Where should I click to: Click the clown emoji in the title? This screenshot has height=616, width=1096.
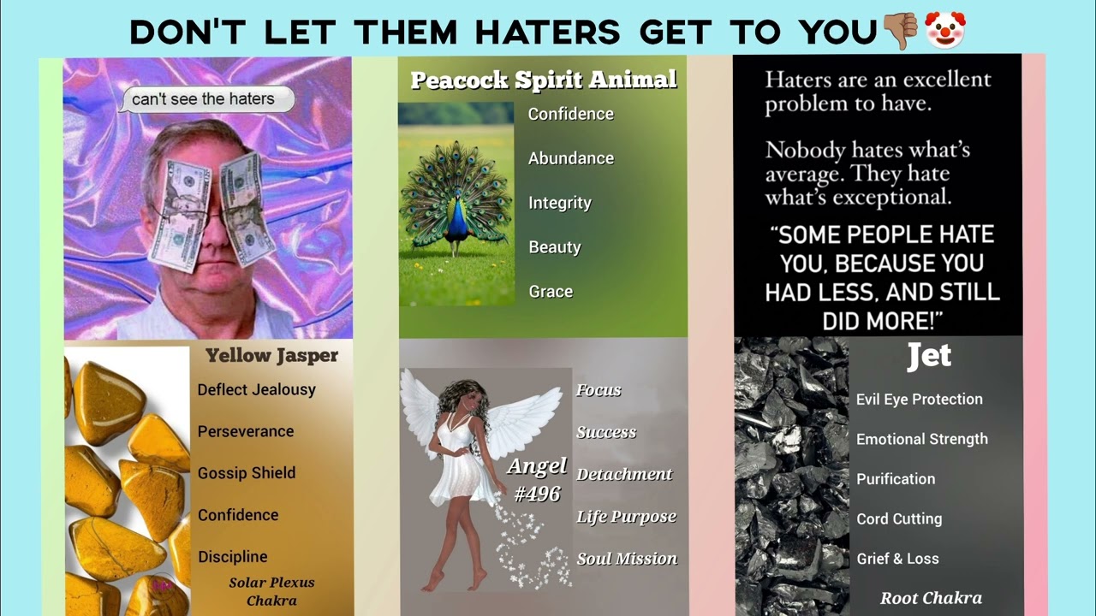point(944,30)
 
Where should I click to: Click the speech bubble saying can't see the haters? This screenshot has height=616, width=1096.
point(205,99)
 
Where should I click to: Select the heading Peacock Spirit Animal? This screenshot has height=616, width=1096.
point(543,80)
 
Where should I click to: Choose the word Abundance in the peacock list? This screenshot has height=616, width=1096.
point(570,158)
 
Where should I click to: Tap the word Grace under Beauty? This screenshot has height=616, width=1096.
point(551,292)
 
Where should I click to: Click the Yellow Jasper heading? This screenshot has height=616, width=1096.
point(271,355)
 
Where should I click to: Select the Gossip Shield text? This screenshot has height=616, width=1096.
point(247,473)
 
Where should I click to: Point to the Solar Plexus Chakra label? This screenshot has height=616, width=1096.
point(271,591)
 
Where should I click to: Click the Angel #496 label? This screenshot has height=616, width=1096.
point(537,479)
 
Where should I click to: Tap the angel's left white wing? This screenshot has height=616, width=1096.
point(421,402)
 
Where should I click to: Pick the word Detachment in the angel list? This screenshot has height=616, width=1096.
point(624,474)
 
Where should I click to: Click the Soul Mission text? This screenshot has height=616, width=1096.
point(627,559)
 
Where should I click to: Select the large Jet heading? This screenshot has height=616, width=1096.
point(929,356)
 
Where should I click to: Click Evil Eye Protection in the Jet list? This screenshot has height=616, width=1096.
point(920,400)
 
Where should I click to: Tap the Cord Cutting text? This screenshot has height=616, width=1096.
point(899,518)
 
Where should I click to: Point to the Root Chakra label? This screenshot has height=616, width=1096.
point(931,598)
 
